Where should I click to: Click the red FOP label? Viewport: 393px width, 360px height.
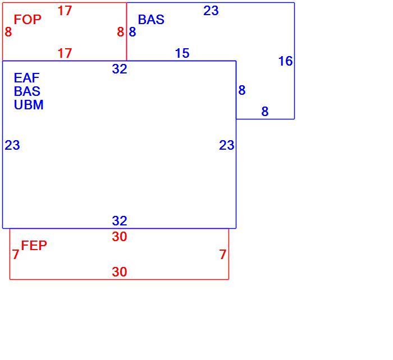tap(28, 20)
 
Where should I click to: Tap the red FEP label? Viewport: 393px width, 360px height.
tap(34, 246)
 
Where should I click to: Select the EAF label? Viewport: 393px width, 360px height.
tap(26, 78)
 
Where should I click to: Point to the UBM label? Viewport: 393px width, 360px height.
tap(29, 105)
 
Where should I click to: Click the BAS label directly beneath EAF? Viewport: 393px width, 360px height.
tap(27, 91)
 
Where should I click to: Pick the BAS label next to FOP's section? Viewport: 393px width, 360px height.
tap(151, 20)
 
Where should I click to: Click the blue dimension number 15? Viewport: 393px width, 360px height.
tap(182, 53)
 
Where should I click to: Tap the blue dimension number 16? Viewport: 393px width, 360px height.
tap(285, 61)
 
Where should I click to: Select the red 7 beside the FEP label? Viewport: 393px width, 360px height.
tap(16, 255)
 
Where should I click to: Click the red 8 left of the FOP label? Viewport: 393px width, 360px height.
tap(8, 32)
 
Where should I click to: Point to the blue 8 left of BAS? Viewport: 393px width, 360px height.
tap(132, 32)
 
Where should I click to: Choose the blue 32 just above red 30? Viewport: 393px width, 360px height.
tap(120, 221)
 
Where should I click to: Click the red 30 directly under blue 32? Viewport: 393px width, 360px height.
tap(120, 237)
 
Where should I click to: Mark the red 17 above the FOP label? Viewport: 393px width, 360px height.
tap(65, 11)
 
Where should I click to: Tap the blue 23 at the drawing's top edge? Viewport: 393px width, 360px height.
tap(211, 11)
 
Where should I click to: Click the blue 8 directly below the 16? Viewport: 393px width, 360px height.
tap(265, 112)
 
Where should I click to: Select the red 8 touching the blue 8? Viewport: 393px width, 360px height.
tap(121, 32)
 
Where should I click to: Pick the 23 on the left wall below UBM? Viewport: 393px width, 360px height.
tap(12, 145)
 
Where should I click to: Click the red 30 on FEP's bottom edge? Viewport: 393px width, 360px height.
tap(120, 272)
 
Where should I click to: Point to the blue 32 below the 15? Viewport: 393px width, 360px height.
tap(120, 69)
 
